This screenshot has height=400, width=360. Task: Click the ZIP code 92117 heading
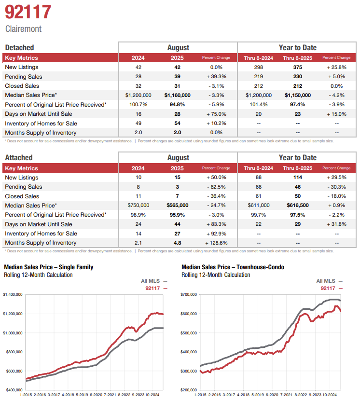(x=28, y=12)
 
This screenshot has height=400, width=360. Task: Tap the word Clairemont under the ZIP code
(x=23, y=29)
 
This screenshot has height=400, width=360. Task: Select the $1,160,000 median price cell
(x=177, y=96)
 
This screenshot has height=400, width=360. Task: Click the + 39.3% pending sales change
(x=216, y=77)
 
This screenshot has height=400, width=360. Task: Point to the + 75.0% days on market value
(x=216, y=114)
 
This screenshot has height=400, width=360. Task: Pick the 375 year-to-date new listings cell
(x=297, y=68)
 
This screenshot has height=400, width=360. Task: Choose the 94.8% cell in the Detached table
(x=177, y=105)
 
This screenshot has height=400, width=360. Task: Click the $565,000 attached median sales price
(x=177, y=206)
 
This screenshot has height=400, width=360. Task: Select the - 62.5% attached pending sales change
(x=216, y=187)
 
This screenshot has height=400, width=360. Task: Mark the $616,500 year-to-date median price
(x=297, y=206)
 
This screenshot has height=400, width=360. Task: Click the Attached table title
(x=18, y=158)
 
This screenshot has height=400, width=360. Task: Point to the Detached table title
(x=19, y=47)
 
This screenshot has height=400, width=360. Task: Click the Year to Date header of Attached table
(x=297, y=158)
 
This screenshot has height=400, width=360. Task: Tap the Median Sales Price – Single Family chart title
(x=48, y=267)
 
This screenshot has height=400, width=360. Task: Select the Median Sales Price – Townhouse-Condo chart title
(x=233, y=267)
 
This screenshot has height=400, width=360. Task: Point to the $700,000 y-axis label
(x=188, y=294)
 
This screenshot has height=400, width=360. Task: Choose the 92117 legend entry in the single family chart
(x=154, y=288)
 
